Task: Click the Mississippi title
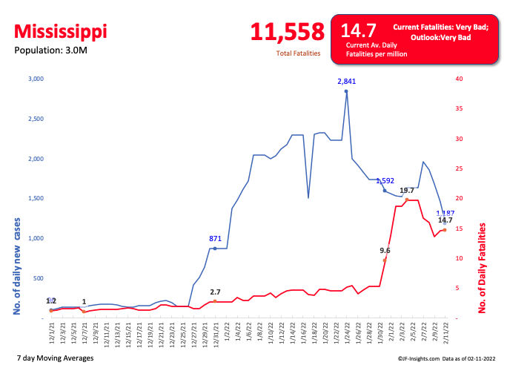click(60, 32)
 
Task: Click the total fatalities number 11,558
click(287, 31)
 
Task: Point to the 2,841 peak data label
click(346, 81)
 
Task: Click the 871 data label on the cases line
click(215, 239)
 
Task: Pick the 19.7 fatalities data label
click(407, 191)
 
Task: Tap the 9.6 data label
click(385, 251)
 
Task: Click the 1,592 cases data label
click(385, 180)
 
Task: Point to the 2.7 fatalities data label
click(215, 292)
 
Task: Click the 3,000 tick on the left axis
click(36, 79)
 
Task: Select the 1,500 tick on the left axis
click(36, 199)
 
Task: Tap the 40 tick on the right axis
click(460, 79)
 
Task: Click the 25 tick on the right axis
click(460, 168)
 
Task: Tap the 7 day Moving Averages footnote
click(54, 358)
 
